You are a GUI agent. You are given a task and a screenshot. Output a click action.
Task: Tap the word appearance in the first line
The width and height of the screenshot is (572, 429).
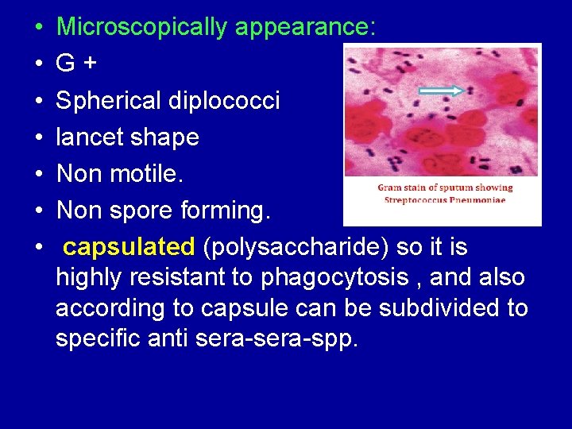point(303,28)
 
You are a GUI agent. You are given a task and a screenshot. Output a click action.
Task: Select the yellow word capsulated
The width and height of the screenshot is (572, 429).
point(129,248)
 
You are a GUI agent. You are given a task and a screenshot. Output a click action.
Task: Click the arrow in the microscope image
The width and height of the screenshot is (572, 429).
point(441,91)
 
